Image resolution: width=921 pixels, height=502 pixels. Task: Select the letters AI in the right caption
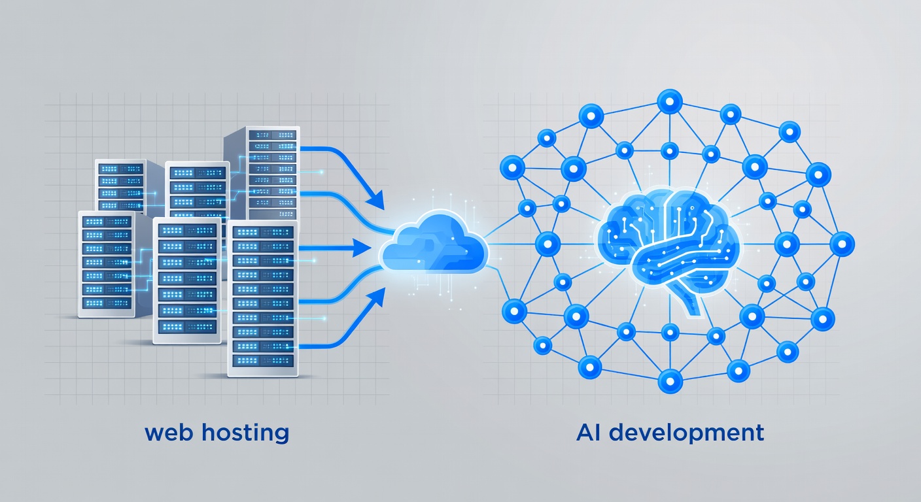pos(590,433)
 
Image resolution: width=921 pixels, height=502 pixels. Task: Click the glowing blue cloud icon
pos(434,247)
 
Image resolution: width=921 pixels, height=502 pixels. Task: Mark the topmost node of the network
pos(669,100)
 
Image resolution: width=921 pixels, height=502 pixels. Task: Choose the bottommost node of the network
pos(670,380)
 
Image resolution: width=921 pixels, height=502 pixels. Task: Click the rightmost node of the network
pos(842,244)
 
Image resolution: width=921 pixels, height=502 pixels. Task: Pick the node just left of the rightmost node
pos(786,244)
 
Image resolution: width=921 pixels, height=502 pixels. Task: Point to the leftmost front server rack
pos(106,265)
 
